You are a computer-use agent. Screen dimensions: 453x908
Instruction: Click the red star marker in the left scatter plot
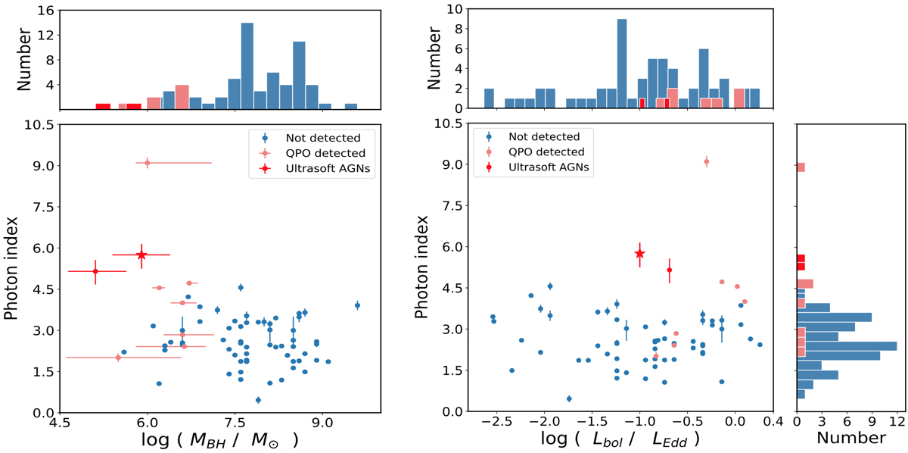(x=141, y=255)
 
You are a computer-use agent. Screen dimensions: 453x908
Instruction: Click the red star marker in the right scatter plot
(x=639, y=253)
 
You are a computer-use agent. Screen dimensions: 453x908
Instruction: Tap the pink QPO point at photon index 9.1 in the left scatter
(x=148, y=163)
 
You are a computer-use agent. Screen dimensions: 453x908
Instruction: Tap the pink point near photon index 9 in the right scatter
(x=706, y=161)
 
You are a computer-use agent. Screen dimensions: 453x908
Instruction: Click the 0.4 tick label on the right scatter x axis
(x=772, y=425)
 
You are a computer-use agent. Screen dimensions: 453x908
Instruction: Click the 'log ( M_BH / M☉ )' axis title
(x=218, y=440)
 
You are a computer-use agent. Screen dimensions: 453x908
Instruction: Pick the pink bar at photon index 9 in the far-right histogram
(x=801, y=167)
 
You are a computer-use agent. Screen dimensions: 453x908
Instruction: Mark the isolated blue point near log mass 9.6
(x=357, y=305)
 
